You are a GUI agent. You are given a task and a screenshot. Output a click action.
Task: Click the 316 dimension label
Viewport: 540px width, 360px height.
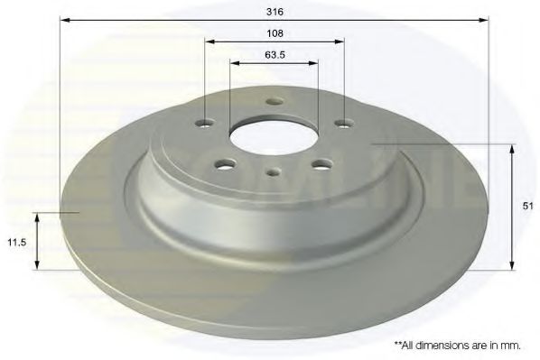click(x=275, y=12)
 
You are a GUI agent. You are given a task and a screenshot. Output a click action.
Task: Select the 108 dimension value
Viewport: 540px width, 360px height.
click(x=275, y=33)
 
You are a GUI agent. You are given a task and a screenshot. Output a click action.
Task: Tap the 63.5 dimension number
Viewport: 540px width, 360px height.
click(x=275, y=55)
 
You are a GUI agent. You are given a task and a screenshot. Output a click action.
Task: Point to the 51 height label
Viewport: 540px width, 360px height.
click(x=527, y=206)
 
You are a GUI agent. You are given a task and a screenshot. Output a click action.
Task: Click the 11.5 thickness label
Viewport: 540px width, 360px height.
click(x=17, y=243)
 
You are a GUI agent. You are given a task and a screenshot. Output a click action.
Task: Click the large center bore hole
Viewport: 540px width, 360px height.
click(x=275, y=138)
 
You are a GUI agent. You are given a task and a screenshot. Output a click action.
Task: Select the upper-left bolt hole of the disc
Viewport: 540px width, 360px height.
click(x=206, y=123)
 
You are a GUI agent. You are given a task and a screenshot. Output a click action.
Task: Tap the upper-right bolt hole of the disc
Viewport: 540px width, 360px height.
click(x=345, y=123)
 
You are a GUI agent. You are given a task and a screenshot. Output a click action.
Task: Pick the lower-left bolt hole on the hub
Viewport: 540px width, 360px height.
click(x=225, y=164)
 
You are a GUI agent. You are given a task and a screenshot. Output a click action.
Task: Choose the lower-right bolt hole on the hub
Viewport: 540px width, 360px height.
click(x=323, y=164)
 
